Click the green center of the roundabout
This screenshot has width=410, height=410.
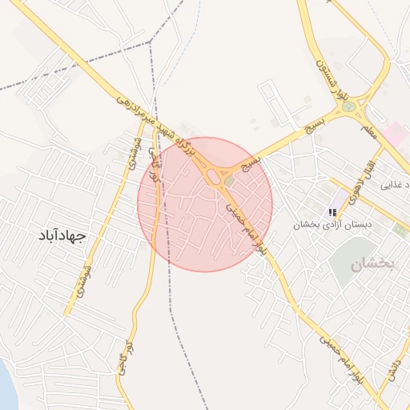tap(348, 106)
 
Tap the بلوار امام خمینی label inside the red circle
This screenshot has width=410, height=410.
tap(244, 227)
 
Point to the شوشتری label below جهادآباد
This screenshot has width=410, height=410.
tap(82, 283)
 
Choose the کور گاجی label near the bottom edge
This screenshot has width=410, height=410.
tap(123, 361)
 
